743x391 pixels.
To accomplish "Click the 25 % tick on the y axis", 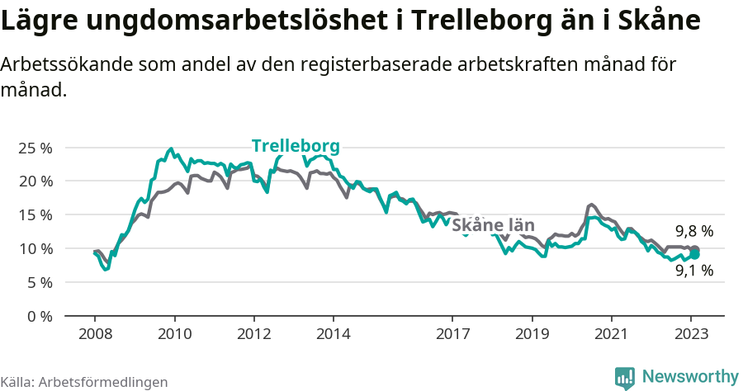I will [x=35, y=148].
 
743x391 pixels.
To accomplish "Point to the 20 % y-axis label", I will [x=35, y=181].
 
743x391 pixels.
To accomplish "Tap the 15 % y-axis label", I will [x=35, y=214].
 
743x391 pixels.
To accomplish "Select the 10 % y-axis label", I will [x=35, y=248].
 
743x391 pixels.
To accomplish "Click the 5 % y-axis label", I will [x=39, y=282].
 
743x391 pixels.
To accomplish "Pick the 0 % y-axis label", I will [x=39, y=316].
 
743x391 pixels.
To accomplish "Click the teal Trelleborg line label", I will [x=296, y=146].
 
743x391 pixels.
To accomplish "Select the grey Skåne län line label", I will [x=494, y=225].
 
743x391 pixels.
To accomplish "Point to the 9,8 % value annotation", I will [x=693, y=231].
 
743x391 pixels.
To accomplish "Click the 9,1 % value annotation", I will [x=693, y=270].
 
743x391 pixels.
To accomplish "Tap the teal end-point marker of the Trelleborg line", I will [x=695, y=255].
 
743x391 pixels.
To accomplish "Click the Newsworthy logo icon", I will [x=625, y=377].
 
